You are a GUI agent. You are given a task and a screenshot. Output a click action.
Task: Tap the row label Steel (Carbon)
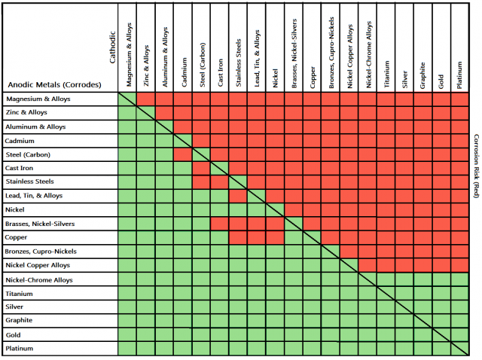pyautogui.click(x=26, y=154)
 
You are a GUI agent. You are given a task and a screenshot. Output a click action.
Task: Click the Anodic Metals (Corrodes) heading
pyautogui.click(x=47, y=84)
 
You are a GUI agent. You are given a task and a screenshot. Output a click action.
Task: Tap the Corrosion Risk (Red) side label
pyautogui.click(x=476, y=166)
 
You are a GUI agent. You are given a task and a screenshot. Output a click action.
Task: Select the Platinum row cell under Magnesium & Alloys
pyautogui.click(x=127, y=349)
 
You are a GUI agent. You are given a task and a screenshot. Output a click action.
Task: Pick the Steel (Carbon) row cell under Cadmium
pyautogui.click(x=183, y=154)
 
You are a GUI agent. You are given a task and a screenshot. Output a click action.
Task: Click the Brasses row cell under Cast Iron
pyautogui.click(x=220, y=224)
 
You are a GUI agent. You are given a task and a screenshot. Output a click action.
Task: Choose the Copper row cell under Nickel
pyautogui.click(x=276, y=237)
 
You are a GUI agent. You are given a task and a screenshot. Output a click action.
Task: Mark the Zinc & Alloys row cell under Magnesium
pyautogui.click(x=127, y=113)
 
